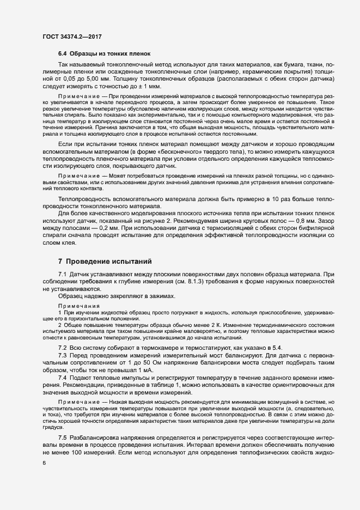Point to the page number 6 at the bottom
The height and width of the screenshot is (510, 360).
(44, 463)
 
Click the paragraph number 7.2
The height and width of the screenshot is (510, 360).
(62, 348)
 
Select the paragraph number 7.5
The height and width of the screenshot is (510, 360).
(62, 438)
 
